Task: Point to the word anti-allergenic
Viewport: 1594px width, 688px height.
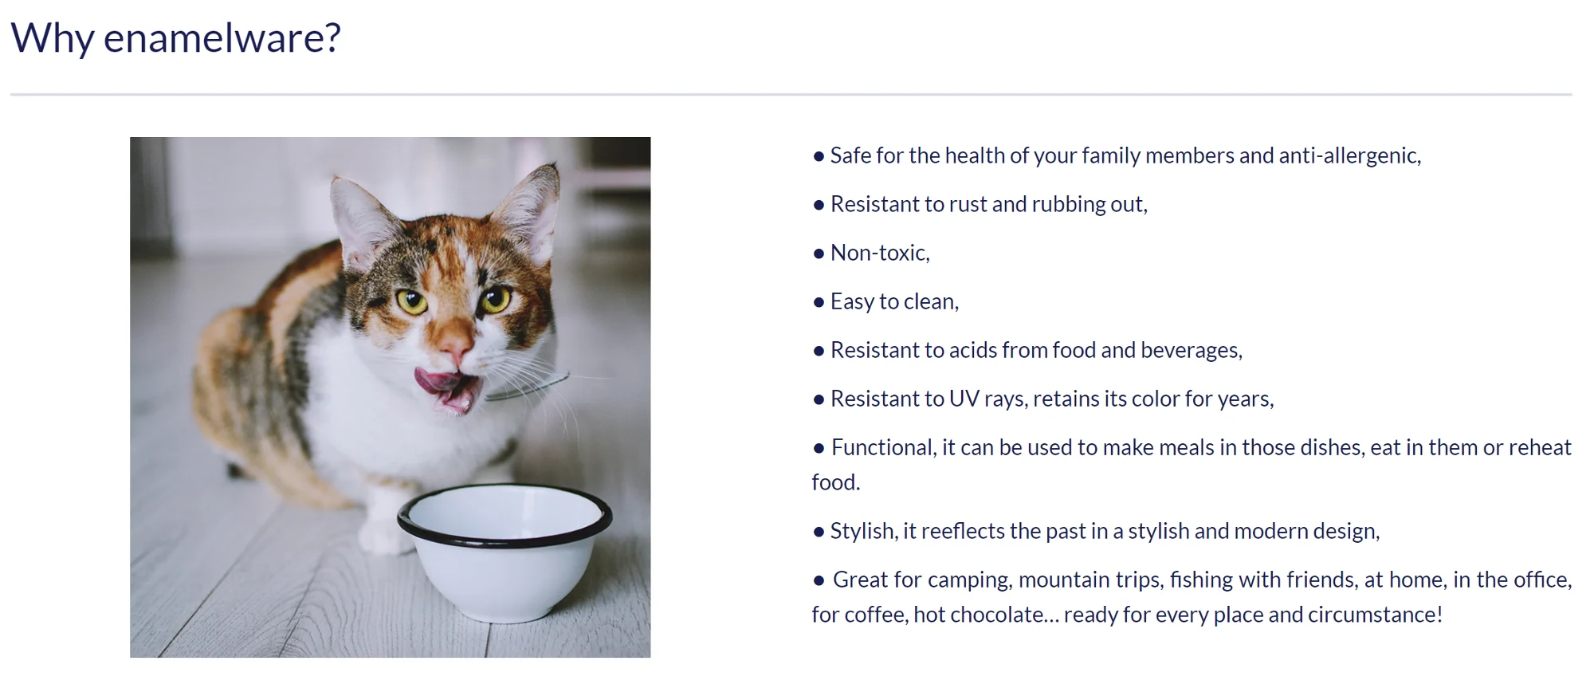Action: [1350, 155]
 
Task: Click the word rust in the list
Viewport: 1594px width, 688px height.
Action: [968, 204]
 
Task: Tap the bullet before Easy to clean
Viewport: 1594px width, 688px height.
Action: [819, 302]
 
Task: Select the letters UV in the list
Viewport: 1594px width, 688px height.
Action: [964, 399]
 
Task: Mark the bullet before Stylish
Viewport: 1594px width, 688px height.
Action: [819, 532]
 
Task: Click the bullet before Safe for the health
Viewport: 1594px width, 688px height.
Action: [819, 156]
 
